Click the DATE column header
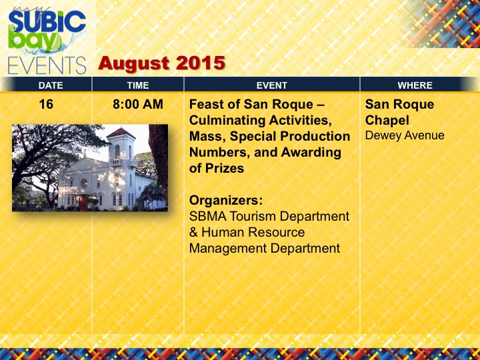[51, 85]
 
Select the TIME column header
[138, 85]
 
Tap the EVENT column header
[272, 85]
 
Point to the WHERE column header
[415, 85]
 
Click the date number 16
[46, 105]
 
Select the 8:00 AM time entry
[138, 105]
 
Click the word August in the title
[135, 63]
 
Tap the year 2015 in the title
[201, 63]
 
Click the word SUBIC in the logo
[47, 21]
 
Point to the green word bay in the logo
[34, 39]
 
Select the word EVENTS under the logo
[47, 65]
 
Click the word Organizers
[226, 201]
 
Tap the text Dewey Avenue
[405, 135]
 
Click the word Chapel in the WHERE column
[387, 121]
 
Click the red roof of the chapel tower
[121, 133]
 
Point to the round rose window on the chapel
[84, 184]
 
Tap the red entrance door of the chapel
[83, 203]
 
